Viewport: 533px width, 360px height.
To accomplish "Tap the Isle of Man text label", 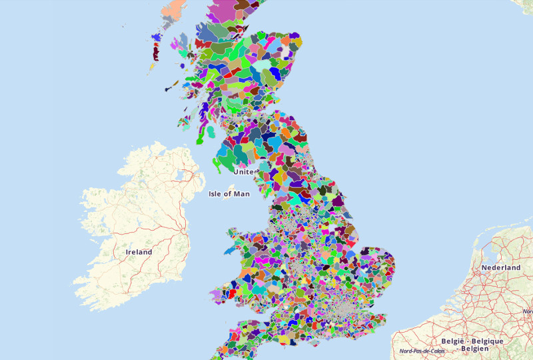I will point(229,194).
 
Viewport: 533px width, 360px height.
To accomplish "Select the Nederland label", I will point(502,267).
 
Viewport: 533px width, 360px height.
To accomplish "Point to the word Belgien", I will point(479,348).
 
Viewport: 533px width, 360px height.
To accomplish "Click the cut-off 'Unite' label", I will point(244,171).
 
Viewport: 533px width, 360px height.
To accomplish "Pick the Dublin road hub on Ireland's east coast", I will point(183,231).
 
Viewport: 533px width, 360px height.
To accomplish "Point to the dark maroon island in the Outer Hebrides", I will point(157,50).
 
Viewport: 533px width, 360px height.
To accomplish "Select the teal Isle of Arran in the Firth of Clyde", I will point(211,132).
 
